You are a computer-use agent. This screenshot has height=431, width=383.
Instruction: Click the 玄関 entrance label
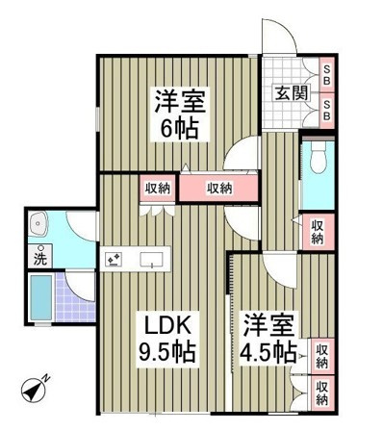(291, 93)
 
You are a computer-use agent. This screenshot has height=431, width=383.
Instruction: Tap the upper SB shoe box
(327, 75)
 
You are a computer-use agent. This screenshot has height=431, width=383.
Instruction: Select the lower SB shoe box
(327, 111)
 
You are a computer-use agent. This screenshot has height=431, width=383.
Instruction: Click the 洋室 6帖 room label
(180, 114)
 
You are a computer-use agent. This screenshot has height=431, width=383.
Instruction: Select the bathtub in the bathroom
(41, 297)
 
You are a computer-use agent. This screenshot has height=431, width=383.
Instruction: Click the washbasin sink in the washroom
(38, 223)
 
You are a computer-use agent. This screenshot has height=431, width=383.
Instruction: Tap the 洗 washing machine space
(40, 256)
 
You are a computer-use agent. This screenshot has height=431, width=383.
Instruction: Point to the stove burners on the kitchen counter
(114, 259)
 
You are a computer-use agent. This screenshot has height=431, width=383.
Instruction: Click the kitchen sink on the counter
(151, 259)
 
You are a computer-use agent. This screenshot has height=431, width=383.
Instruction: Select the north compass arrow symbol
(35, 388)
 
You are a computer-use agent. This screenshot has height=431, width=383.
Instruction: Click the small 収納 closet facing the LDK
(158, 188)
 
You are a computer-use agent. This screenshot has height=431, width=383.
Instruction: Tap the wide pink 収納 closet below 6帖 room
(218, 188)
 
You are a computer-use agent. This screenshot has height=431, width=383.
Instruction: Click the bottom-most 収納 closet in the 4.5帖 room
(322, 393)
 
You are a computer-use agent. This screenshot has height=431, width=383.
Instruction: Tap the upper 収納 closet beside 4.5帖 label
(322, 356)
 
